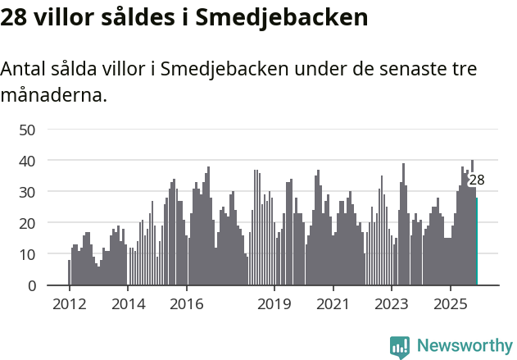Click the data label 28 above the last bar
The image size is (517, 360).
[477, 180]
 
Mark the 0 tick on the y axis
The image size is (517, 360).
[31, 285]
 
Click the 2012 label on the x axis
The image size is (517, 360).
[69, 305]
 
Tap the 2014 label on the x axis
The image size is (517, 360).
[128, 305]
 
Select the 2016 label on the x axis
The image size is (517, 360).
[187, 305]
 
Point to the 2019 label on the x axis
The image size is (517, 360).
[274, 305]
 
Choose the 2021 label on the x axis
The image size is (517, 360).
[333, 305]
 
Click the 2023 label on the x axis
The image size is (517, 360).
[392, 305]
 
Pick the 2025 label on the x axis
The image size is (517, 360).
[451, 305]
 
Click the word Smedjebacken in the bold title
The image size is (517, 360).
[282, 18]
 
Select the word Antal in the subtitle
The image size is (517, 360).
[22, 70]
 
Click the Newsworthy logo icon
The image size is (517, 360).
[400, 347]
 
